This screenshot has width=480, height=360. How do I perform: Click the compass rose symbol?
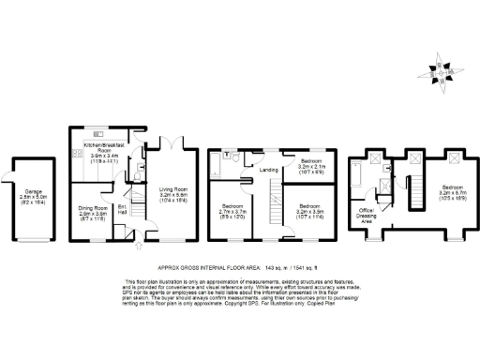(441, 72)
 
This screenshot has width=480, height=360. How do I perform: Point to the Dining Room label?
(93, 212)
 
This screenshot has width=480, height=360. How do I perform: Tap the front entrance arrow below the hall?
(139, 247)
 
